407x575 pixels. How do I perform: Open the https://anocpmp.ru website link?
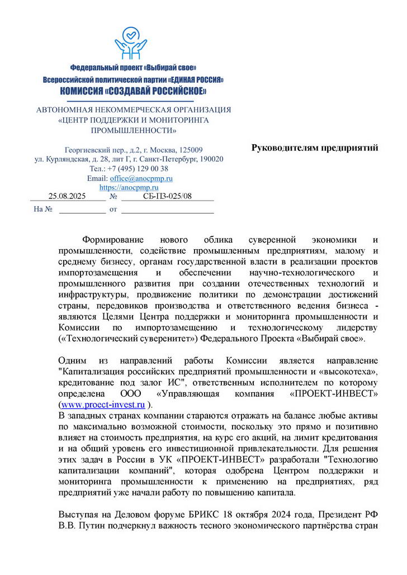tap(129, 188)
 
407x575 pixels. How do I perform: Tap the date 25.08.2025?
tap(67, 196)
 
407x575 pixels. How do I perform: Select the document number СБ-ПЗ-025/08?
tap(167, 196)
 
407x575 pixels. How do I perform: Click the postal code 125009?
tap(190, 150)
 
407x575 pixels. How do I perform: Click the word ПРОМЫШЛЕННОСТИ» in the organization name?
tap(133, 130)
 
